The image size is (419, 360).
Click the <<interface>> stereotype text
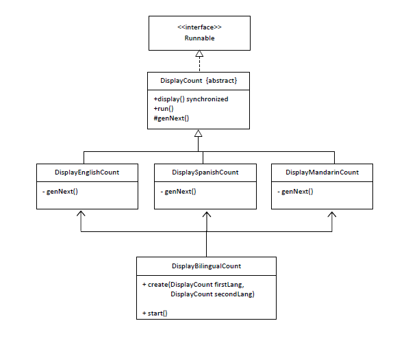[199, 27]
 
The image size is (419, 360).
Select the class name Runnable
[199, 38]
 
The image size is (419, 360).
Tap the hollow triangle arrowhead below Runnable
[199, 53]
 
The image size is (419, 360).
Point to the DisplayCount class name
[181, 81]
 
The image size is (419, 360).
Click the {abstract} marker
[222, 81]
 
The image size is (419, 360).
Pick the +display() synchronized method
[191, 99]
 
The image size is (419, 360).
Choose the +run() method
[164, 109]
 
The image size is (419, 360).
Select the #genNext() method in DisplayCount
[171, 118]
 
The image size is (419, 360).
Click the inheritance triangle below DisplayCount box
[198, 133]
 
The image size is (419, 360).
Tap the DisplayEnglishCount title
[87, 172]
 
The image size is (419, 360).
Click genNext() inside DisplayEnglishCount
[62, 192]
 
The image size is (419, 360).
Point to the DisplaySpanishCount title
[205, 172]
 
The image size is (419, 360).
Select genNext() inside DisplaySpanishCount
[180, 192]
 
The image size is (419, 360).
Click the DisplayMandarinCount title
[322, 172]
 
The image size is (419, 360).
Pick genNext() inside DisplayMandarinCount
[297, 192]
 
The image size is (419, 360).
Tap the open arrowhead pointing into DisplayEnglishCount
[81, 214]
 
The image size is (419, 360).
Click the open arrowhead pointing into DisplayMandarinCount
[332, 214]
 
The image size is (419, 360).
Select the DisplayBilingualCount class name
[206, 266]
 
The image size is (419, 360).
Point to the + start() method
[155, 313]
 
